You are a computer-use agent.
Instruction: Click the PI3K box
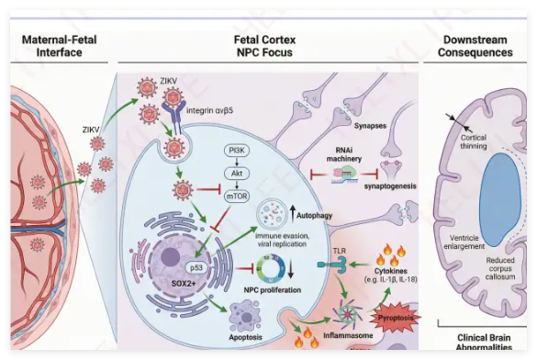[x=237, y=151]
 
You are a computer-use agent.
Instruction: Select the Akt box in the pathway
[x=237, y=174]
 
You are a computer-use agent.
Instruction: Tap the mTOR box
[x=237, y=197]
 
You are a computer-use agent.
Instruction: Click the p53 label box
[x=196, y=268]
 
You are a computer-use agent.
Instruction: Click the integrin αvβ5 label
[x=209, y=110]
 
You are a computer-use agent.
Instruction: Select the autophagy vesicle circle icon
[x=273, y=214]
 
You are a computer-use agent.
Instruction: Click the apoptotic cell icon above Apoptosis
[x=244, y=316]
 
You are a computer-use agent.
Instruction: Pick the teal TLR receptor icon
[x=331, y=264]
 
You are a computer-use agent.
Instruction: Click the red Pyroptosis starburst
[x=396, y=318]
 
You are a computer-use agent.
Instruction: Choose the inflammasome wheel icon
[x=348, y=314]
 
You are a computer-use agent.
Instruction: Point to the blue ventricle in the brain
[x=502, y=200]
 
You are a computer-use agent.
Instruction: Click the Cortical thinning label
[x=474, y=141]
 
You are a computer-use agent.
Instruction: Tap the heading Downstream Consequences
[x=475, y=46]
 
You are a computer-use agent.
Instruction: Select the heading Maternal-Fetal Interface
[x=60, y=46]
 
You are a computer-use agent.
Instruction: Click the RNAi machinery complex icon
[x=344, y=174]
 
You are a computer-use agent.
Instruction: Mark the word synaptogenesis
[x=390, y=186]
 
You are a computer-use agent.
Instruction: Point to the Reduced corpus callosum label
[x=500, y=268]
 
